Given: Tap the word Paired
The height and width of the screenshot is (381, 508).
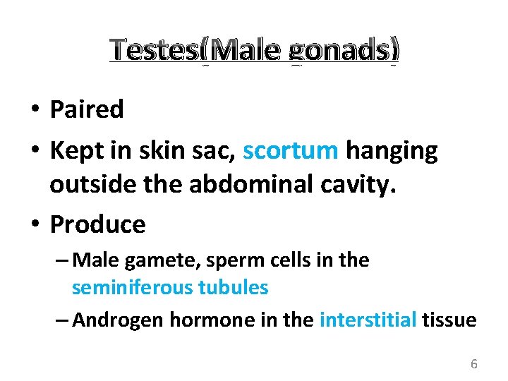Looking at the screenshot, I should (87, 109).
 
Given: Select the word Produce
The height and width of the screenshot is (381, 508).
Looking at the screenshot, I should (98, 224).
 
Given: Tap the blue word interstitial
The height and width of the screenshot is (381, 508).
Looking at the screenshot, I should (368, 320).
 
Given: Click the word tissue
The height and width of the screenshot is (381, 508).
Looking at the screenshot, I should (449, 320).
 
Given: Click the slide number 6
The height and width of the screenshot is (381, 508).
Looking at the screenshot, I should (473, 364).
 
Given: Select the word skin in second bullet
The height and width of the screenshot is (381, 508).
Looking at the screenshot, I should (158, 150).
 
